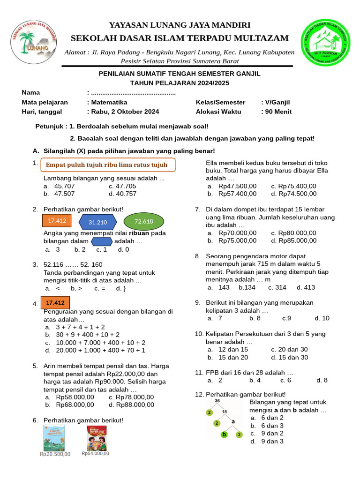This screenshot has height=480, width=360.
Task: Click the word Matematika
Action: [x=109, y=102]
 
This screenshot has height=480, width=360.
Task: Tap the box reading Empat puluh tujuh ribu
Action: [x=108, y=165]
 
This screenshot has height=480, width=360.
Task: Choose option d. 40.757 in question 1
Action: [x=122, y=194]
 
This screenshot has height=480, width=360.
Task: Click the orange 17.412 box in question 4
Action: [x=55, y=303]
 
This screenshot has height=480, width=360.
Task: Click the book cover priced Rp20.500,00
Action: [x=54, y=438]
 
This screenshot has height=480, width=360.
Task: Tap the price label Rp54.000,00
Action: [x=96, y=453]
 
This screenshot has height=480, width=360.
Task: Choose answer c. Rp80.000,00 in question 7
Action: [x=293, y=233]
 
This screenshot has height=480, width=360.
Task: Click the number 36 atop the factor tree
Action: [x=217, y=401]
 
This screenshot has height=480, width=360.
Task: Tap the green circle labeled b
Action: [x=225, y=435]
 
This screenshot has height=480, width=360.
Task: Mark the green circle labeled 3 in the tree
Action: [x=239, y=435]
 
